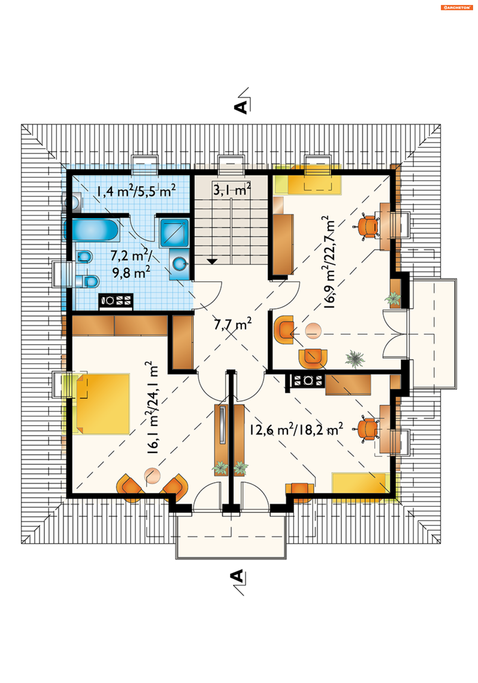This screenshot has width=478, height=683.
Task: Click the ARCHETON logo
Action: pos(457,7)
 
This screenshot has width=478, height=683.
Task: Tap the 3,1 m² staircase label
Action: pos(232,189)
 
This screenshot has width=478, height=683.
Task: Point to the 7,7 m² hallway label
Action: pos(233,324)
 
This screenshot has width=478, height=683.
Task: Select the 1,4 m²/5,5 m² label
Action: pos(136,191)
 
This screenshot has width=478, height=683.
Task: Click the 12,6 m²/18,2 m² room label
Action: pos(296,429)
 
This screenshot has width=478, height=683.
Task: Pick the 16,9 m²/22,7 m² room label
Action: pos(329,262)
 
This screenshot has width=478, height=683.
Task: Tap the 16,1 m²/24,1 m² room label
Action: pos(152,407)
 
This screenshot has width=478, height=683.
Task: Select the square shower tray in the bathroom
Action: pos(174,233)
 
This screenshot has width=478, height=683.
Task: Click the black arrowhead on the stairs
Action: pos(212,261)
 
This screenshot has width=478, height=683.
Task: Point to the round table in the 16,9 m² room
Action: pos(313,331)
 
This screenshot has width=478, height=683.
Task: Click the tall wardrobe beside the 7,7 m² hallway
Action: pos(183,342)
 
